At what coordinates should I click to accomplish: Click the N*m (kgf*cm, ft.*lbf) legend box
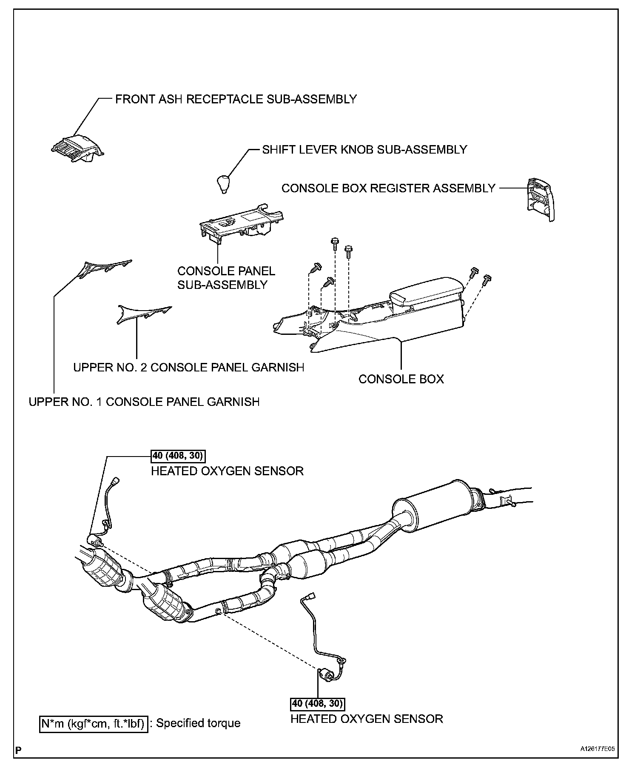click(94, 723)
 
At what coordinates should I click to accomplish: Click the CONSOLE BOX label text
click(401, 379)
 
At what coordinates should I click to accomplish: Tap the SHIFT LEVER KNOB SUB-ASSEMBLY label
click(364, 150)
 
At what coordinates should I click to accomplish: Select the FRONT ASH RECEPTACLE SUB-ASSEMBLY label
click(236, 99)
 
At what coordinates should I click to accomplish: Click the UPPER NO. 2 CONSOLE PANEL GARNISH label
click(188, 367)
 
